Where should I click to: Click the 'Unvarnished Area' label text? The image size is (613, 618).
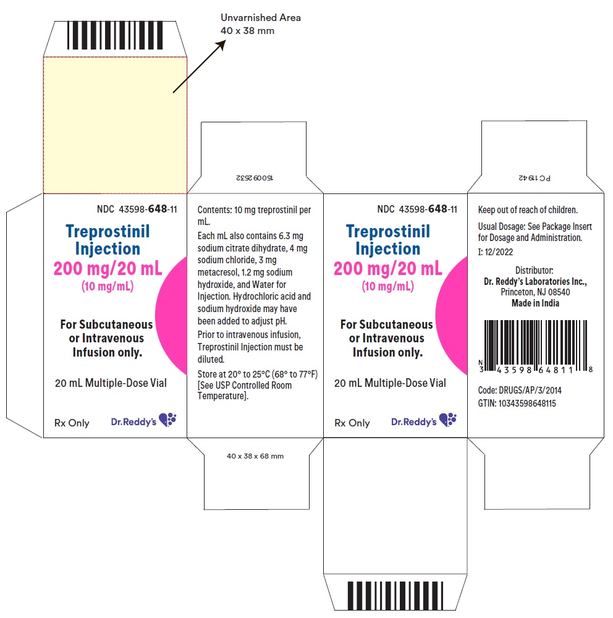(x=261, y=18)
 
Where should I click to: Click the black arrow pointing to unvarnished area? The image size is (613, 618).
(x=200, y=66)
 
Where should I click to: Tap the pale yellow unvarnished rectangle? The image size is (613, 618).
(x=115, y=125)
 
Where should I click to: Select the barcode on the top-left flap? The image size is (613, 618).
(x=115, y=35)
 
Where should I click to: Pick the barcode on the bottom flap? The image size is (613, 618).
(x=395, y=596)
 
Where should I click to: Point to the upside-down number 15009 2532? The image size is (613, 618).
(x=254, y=178)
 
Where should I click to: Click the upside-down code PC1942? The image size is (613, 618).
(x=535, y=178)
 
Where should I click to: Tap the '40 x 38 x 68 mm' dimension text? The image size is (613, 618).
(x=255, y=456)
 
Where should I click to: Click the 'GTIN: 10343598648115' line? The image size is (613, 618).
(x=517, y=403)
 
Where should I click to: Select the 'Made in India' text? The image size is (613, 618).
(x=535, y=303)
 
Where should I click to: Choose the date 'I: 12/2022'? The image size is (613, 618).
(x=496, y=252)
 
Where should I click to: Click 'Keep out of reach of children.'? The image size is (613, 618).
(x=528, y=210)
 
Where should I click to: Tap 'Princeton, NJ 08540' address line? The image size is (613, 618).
(x=535, y=292)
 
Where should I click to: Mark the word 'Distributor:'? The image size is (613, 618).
(x=534, y=271)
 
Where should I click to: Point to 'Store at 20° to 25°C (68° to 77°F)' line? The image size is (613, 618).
(x=258, y=374)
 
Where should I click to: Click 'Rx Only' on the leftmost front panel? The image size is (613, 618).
(x=72, y=423)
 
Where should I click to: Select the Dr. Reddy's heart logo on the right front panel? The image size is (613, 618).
(x=448, y=420)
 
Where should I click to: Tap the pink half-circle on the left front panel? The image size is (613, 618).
(x=172, y=315)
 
